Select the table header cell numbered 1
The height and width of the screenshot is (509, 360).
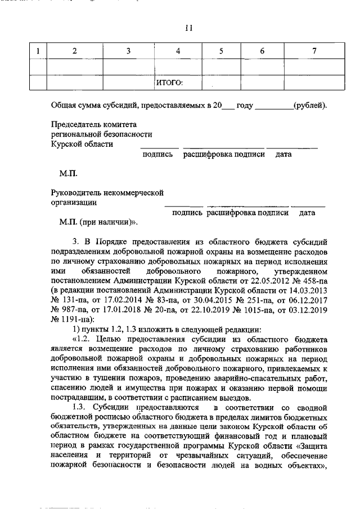38,51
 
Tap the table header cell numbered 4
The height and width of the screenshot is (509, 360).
178,51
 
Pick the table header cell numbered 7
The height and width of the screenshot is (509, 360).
314,51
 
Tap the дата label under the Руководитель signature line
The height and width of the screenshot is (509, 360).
307,213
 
